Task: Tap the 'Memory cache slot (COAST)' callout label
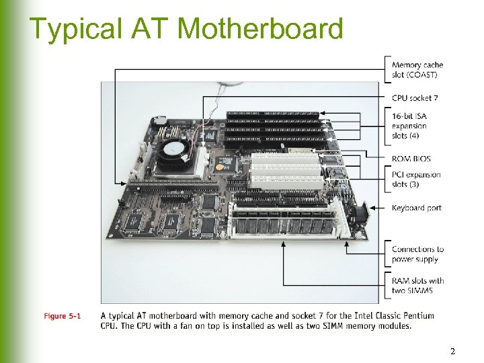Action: [x=417, y=70]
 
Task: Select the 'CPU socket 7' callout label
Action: [x=415, y=98]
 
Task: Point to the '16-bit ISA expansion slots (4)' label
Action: [x=409, y=126]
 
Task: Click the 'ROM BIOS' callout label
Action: [x=411, y=159]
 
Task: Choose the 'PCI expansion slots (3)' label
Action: [x=416, y=179]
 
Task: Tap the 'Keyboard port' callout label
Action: [x=417, y=208]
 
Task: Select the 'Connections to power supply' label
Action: [x=417, y=254]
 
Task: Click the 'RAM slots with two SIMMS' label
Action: [x=417, y=286]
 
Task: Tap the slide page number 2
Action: [x=453, y=352]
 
